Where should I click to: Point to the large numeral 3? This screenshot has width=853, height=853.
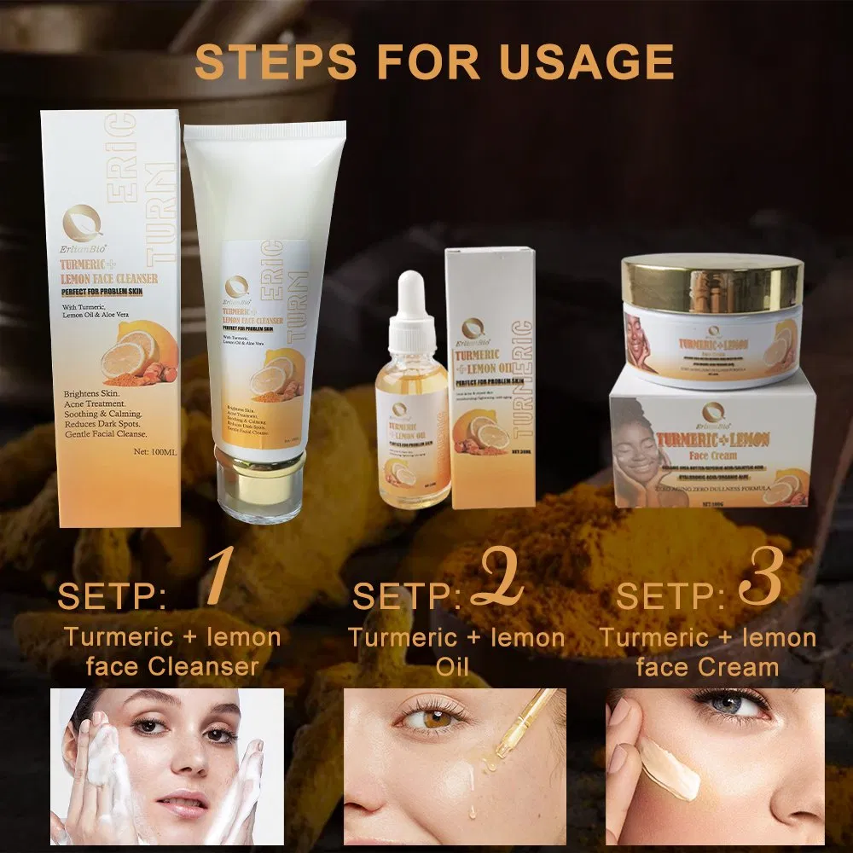click(759, 582)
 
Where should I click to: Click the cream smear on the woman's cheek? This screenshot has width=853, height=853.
click(670, 768)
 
